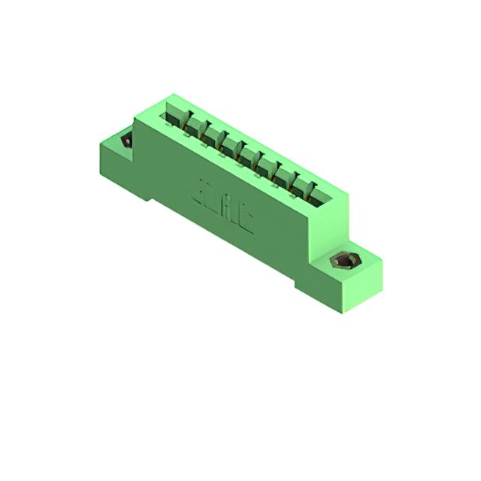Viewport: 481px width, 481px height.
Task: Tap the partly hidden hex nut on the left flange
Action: (126, 141)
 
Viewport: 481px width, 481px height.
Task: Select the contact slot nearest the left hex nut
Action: (174, 114)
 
